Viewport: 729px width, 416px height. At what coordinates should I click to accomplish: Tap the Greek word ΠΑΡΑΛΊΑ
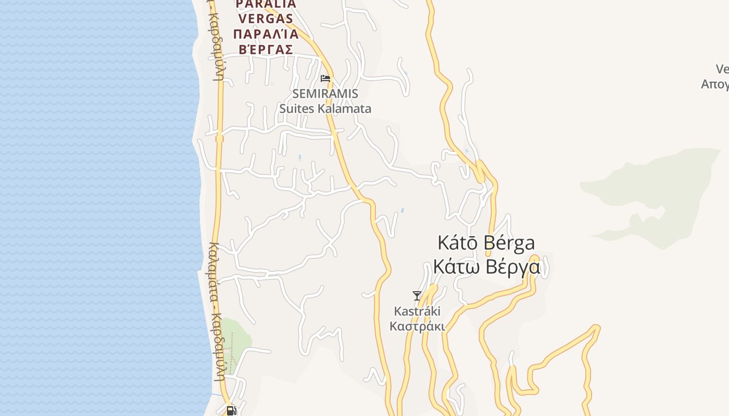[266, 34]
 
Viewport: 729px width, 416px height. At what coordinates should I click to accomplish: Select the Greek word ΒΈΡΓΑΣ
[266, 49]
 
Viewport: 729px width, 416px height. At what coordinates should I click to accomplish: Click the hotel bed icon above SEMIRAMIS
[325, 79]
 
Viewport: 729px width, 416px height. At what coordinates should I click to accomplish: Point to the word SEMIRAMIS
[325, 94]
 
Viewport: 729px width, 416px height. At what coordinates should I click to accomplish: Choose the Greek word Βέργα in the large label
[512, 267]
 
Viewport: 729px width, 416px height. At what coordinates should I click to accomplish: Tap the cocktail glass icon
[417, 296]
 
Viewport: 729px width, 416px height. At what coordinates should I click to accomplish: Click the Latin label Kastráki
[417, 311]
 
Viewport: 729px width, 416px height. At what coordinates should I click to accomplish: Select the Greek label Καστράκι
[417, 327]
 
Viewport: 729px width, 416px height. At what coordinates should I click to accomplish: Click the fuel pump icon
[231, 411]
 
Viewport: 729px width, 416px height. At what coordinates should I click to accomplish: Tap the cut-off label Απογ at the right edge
[715, 84]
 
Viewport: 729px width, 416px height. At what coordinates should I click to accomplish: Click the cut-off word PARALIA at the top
[266, 4]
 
